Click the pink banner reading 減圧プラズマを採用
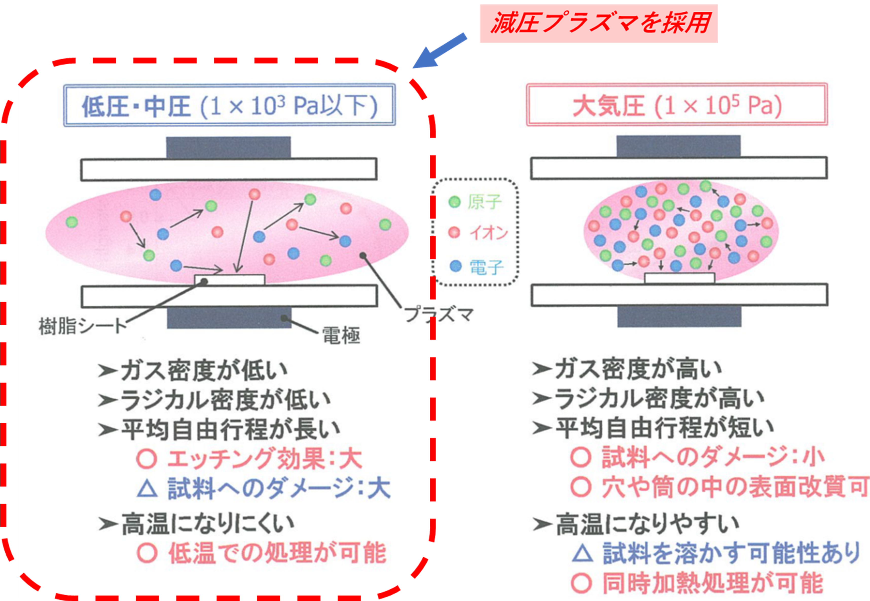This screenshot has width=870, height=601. [598, 23]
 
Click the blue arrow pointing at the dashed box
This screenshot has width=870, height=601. [440, 51]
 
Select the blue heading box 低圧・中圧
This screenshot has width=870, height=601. [229, 105]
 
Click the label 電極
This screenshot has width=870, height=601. [341, 335]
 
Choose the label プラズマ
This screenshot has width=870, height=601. [439, 314]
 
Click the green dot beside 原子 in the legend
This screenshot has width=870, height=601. [455, 202]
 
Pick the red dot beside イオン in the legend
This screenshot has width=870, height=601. [455, 233]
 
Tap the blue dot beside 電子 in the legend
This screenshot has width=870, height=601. [456, 266]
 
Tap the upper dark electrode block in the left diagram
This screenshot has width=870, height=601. [228, 147]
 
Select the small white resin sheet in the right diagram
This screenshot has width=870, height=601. [679, 278]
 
